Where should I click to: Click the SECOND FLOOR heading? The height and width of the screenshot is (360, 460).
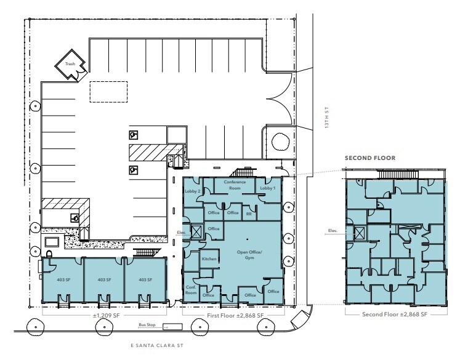pyautogui.click(x=369, y=158)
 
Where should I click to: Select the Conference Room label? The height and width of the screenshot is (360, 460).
pyautogui.click(x=235, y=185)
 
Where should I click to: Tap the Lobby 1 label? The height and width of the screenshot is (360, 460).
pyautogui.click(x=267, y=188)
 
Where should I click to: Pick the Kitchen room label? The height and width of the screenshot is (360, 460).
pyautogui.click(x=209, y=259)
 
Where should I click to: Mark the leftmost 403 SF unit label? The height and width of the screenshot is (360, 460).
pyautogui.click(x=62, y=279)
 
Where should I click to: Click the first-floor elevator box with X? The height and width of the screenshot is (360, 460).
pyautogui.click(x=196, y=233)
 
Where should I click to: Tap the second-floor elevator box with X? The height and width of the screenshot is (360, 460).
pyautogui.click(x=359, y=232)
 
